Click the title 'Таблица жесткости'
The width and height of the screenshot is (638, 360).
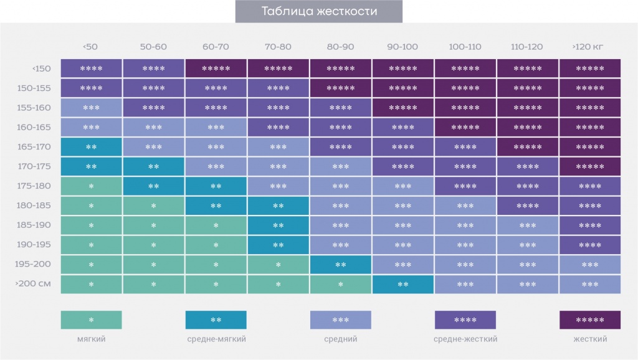click(318, 11)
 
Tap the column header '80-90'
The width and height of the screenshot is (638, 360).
click(340, 47)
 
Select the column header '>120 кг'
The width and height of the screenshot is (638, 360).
click(589, 47)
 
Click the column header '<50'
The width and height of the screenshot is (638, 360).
click(90, 47)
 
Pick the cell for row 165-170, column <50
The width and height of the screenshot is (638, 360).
click(91, 147)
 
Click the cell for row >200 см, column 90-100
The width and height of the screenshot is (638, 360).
click(402, 285)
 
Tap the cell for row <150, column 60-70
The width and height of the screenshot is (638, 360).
click(216, 69)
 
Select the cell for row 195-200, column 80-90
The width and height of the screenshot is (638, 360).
click(340, 265)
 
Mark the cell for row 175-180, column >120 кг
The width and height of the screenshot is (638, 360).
click(589, 186)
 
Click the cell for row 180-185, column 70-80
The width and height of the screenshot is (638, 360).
click(278, 206)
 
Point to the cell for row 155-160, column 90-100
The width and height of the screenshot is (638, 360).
click(402, 108)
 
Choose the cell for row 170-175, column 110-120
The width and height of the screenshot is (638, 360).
click(527, 167)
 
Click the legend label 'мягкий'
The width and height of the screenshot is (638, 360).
click(91, 339)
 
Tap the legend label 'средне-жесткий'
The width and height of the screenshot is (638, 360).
click(465, 339)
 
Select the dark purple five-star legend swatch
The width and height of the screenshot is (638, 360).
click(589, 320)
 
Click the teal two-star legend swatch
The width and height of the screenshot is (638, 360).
click(216, 320)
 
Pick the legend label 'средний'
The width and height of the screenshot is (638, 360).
click(340, 339)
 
